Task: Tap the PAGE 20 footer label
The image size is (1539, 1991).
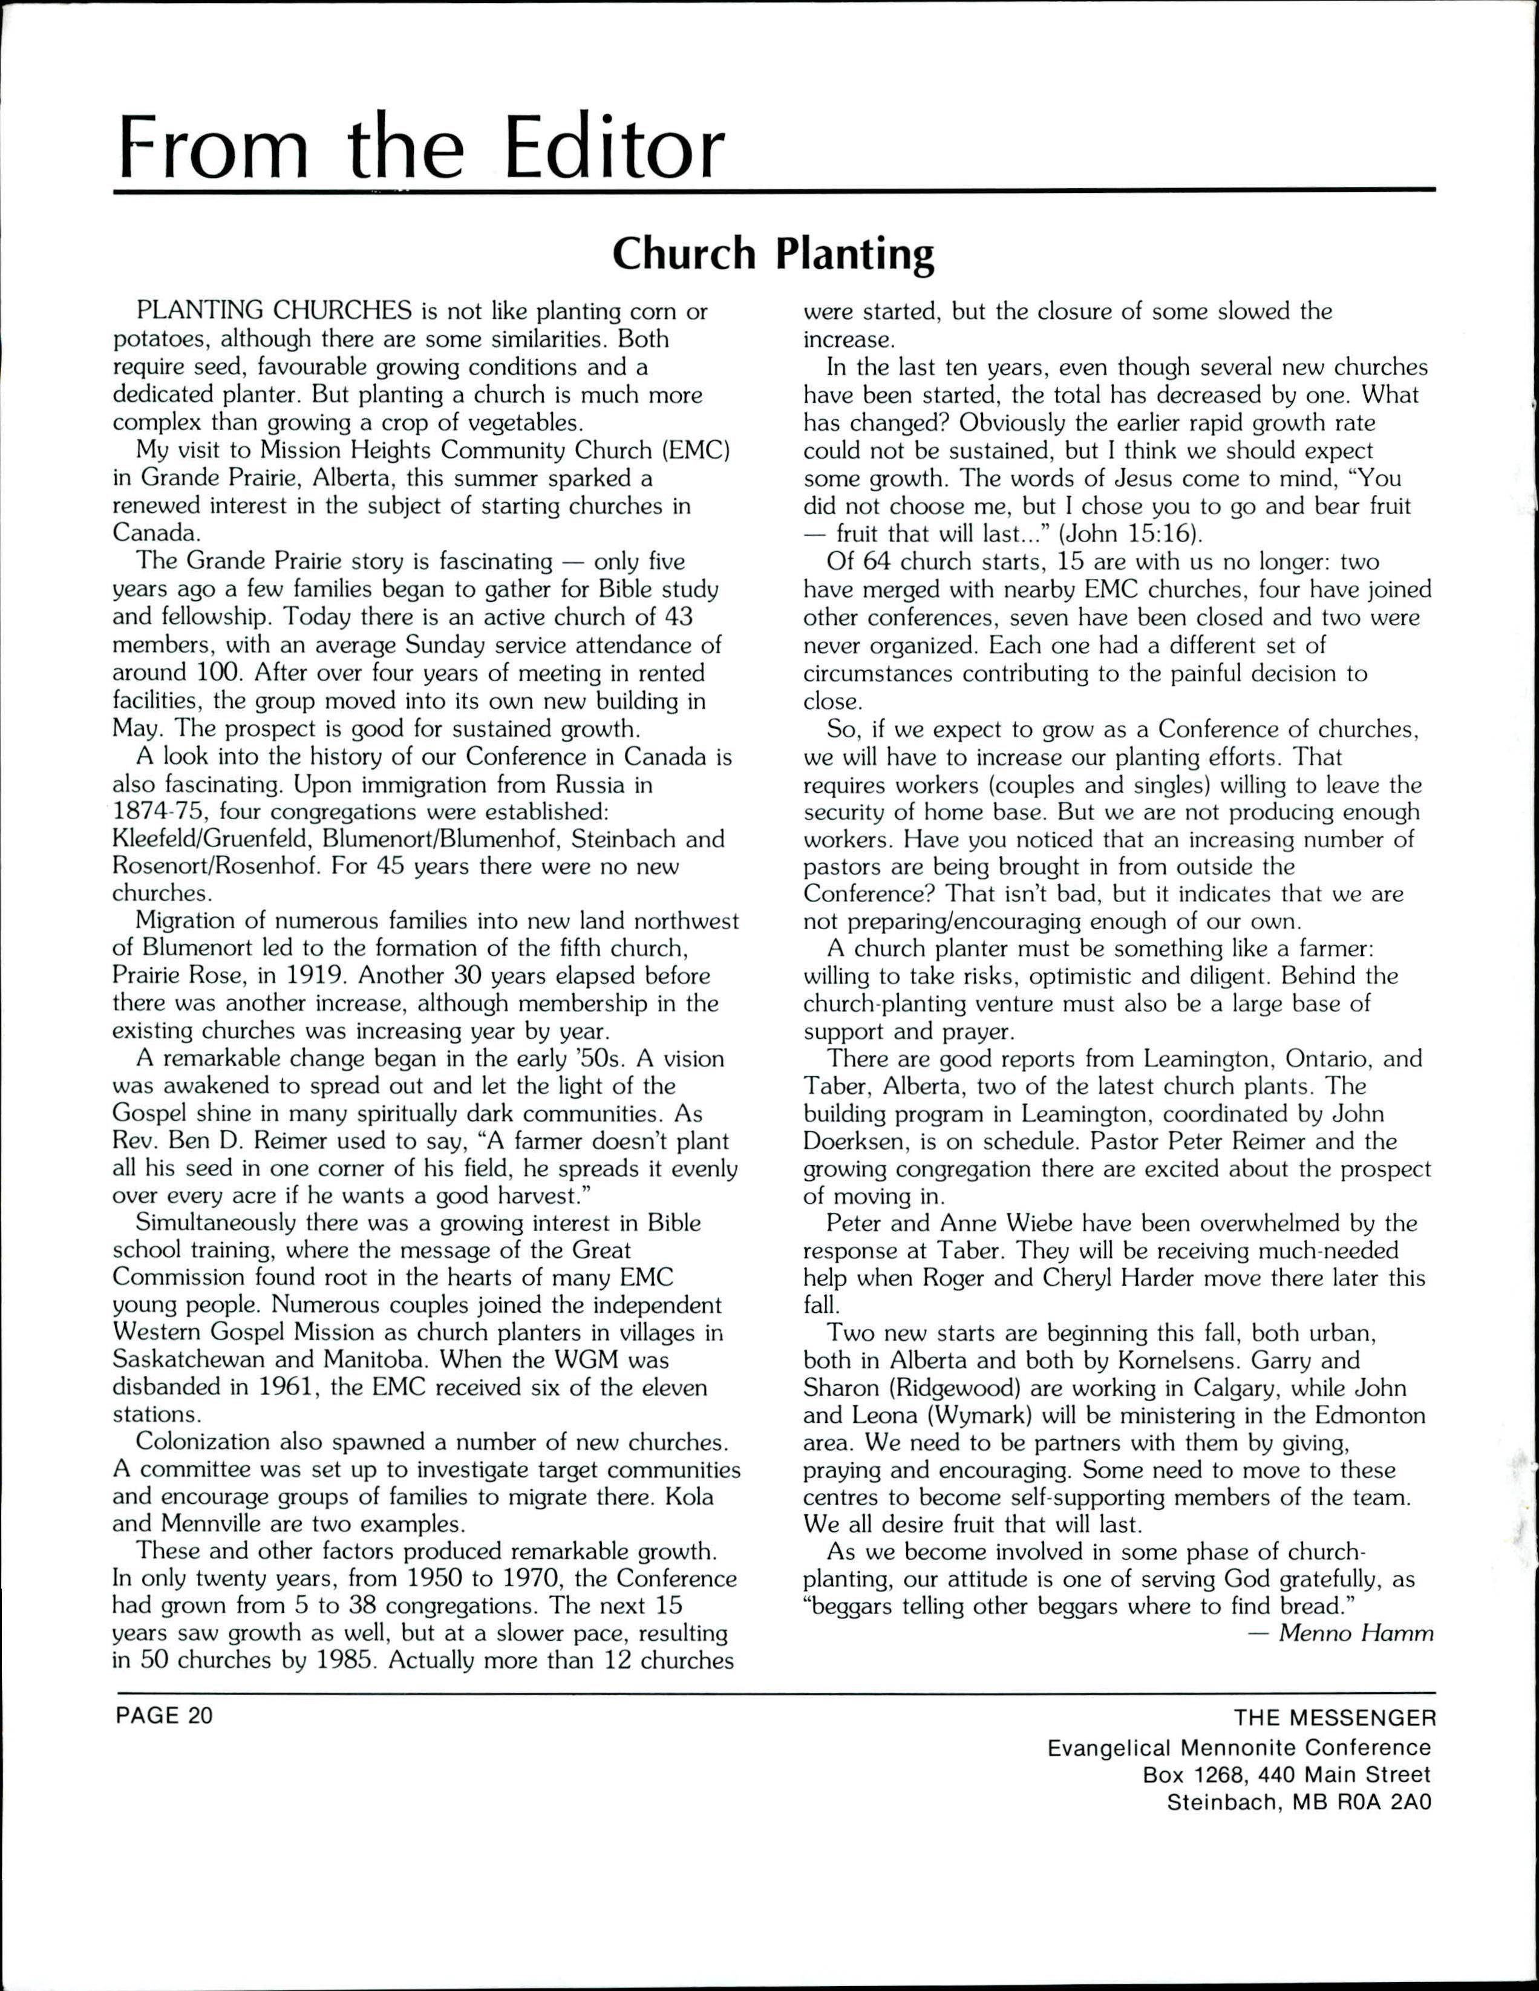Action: (163, 1715)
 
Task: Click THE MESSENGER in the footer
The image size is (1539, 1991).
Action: (1334, 1718)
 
